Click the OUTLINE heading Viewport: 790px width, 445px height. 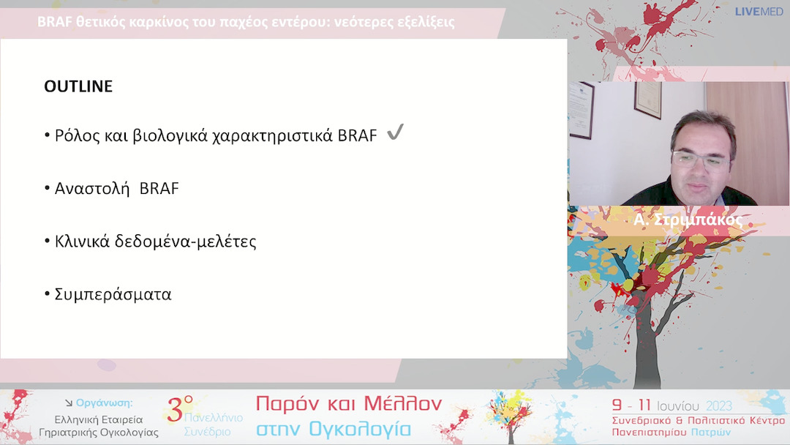tap(78, 86)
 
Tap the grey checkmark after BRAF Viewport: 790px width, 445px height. tap(395, 133)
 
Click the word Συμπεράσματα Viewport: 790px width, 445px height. tap(113, 295)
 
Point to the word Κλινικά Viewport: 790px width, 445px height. tap(84, 242)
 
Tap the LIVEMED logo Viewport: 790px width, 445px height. tap(759, 12)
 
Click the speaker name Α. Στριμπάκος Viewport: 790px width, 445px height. tap(689, 220)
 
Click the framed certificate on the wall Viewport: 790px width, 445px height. tap(647, 100)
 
